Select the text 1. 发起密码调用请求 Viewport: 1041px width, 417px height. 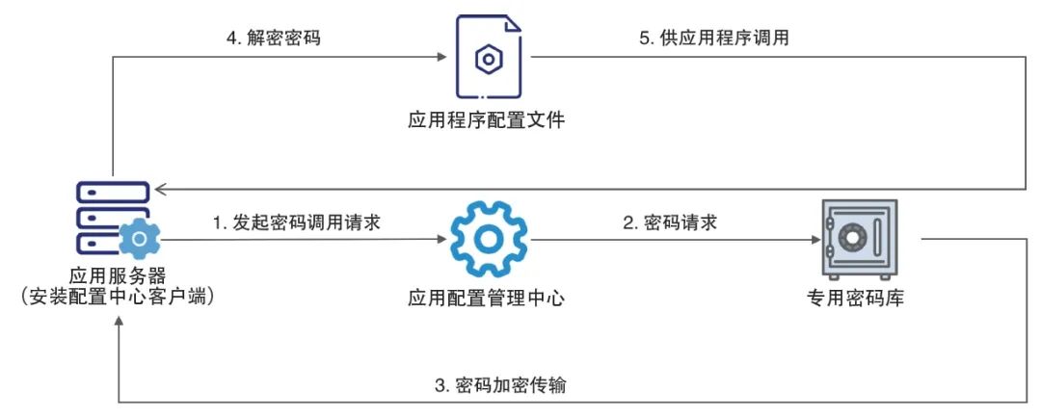(x=295, y=222)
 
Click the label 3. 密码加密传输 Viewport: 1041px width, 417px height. (x=499, y=385)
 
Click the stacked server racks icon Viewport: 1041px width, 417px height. (x=113, y=216)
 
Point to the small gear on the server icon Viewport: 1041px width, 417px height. (x=139, y=237)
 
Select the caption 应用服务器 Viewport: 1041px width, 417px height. (x=117, y=275)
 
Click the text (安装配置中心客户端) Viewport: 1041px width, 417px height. (x=117, y=298)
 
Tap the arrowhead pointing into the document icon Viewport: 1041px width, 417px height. (x=442, y=57)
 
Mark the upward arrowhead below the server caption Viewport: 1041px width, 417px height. (x=118, y=324)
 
